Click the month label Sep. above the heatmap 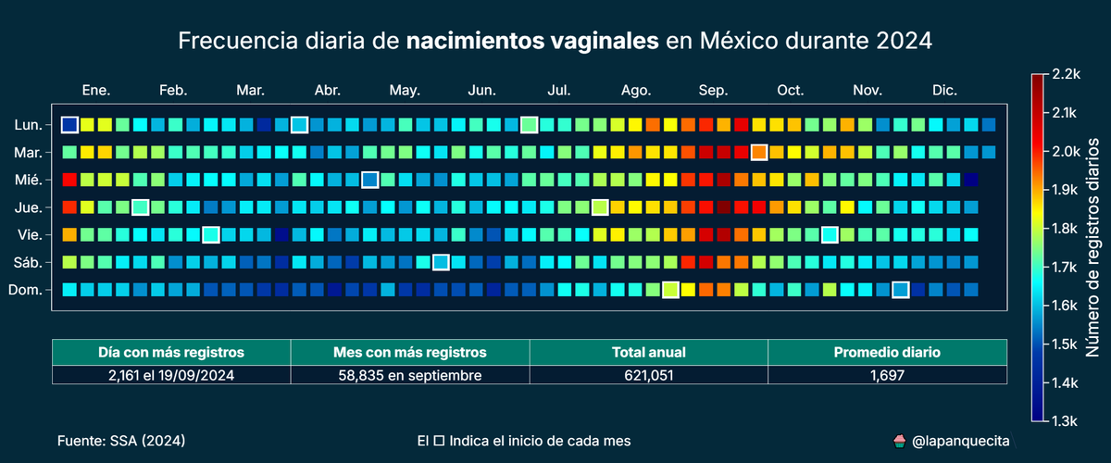713,90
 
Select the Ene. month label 96,90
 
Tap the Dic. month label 944,90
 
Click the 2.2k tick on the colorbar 1064,73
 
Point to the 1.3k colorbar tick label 1064,421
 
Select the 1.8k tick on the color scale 1064,228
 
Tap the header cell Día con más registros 171,352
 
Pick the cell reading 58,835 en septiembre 409,375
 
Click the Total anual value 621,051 648,375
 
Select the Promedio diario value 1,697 886,375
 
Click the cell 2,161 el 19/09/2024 171,375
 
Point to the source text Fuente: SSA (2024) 121,441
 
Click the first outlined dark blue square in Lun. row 69,125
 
